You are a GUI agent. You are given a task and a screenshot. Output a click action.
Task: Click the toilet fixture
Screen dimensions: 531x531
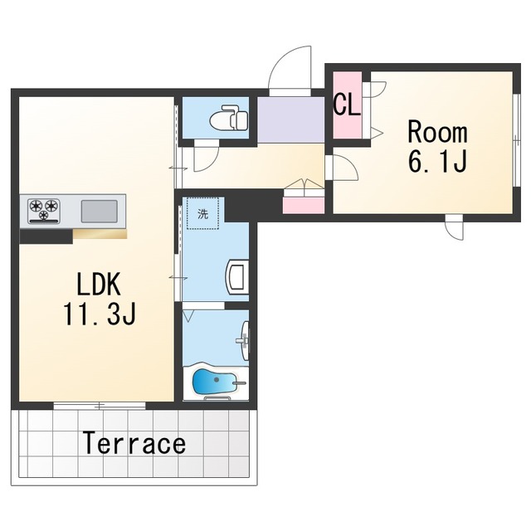[x=229, y=118]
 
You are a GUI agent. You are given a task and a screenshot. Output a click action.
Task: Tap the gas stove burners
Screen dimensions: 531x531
[x=44, y=211]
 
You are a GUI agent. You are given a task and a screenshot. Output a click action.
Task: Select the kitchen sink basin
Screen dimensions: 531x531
[x=99, y=212]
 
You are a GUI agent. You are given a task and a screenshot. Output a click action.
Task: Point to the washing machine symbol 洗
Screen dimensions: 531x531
[x=202, y=214]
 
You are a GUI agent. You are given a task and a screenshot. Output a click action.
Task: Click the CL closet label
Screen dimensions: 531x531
[x=347, y=104]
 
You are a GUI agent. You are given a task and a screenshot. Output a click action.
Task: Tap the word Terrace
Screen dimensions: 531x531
[x=134, y=442]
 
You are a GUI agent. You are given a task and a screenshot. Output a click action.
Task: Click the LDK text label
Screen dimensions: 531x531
[x=99, y=285]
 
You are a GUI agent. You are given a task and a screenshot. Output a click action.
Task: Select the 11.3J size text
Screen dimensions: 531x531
[x=100, y=314]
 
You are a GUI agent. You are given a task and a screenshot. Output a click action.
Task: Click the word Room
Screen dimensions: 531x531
[x=437, y=132]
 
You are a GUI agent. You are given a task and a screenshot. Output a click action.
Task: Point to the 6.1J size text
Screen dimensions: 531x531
[x=438, y=161]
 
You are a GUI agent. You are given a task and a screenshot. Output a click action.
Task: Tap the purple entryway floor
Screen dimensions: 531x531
[x=290, y=119]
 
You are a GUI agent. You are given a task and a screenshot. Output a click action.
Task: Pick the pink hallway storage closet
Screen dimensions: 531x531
[x=304, y=205]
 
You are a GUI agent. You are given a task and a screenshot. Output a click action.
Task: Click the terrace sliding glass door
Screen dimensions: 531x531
[x=100, y=406]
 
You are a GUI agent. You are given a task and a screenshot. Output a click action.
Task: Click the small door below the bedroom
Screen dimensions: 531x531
[x=454, y=227]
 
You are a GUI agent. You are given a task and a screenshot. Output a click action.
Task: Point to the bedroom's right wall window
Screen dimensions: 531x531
[x=516, y=140]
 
